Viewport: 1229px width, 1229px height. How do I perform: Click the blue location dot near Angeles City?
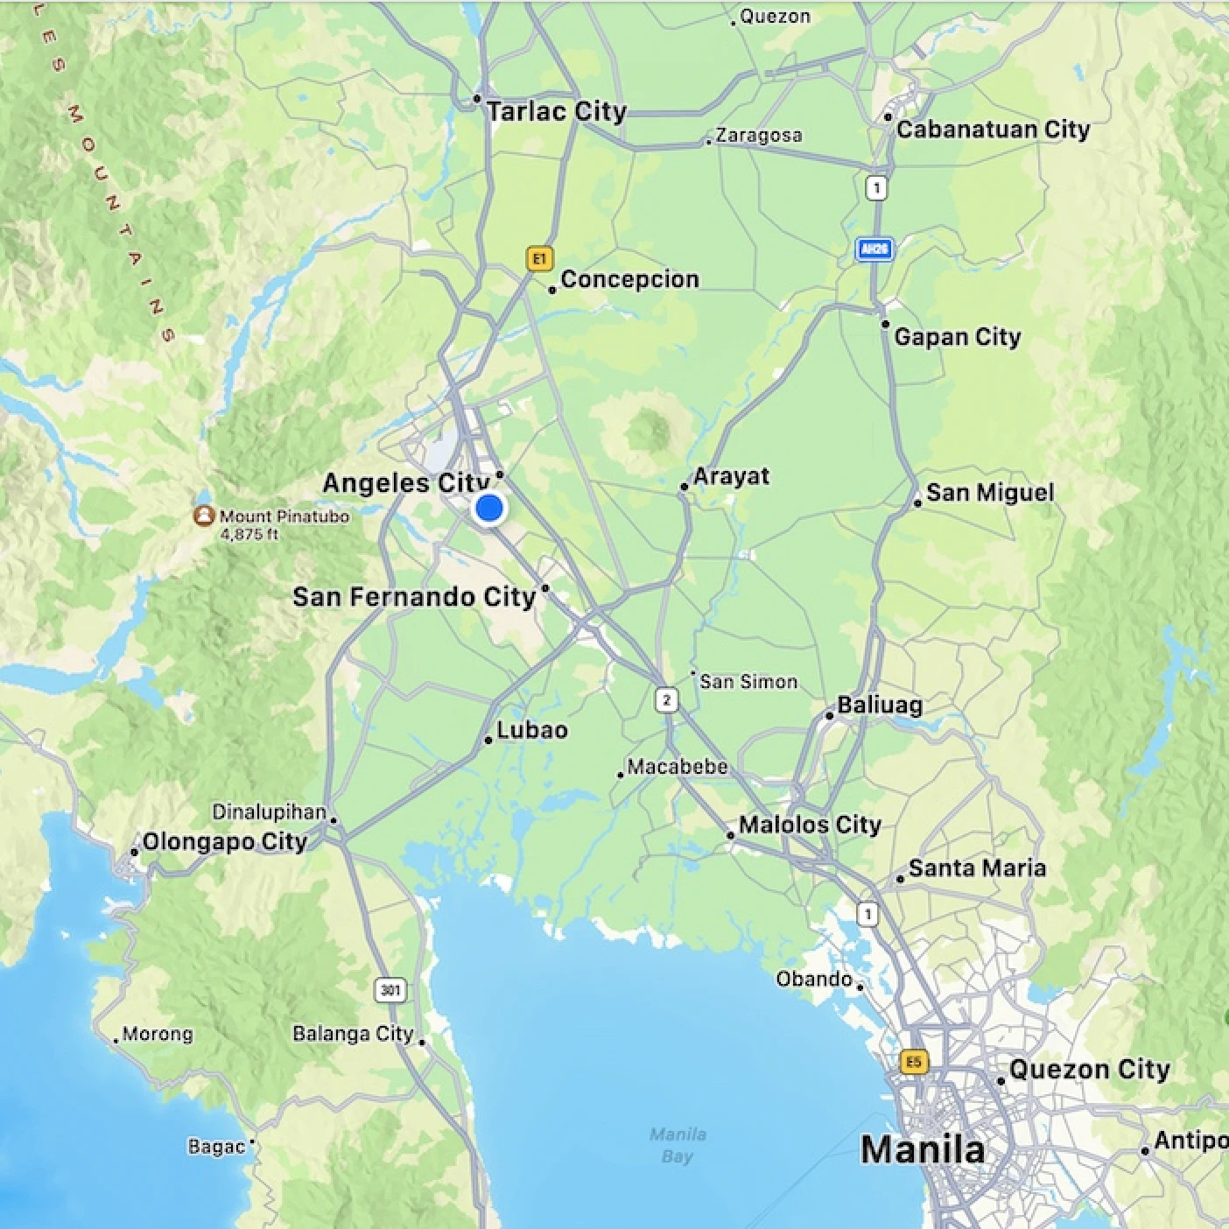click(488, 508)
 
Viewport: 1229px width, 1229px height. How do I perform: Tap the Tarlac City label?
click(556, 112)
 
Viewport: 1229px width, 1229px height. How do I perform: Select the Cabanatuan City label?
click(993, 130)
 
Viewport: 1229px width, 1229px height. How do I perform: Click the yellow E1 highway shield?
click(539, 258)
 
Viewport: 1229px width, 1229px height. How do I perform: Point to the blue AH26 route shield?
click(874, 249)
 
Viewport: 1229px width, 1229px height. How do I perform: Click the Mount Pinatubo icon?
click(204, 516)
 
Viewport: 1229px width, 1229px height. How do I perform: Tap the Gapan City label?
click(957, 337)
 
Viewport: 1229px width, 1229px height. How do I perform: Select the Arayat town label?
click(731, 476)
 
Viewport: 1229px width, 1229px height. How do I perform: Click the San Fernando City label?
click(413, 597)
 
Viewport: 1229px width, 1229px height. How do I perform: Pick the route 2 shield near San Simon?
click(667, 699)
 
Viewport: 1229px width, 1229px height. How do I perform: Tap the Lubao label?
click(531, 730)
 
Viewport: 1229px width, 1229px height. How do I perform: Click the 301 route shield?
click(390, 990)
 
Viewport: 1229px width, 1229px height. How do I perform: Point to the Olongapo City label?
click(224, 842)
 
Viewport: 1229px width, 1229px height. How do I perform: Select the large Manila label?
click(923, 1149)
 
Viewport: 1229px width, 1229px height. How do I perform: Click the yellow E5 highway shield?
click(913, 1062)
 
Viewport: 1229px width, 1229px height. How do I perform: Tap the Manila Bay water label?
click(678, 1145)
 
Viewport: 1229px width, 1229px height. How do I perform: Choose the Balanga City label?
click(353, 1034)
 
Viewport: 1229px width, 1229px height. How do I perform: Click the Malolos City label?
click(810, 825)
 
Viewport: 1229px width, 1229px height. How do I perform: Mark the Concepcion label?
click(629, 279)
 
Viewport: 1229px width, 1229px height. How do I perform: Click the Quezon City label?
click(1089, 1070)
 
